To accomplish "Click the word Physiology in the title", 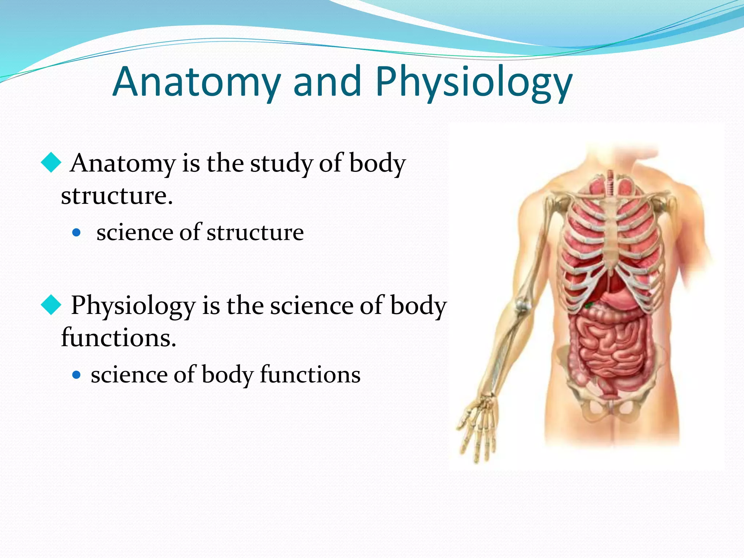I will [x=474, y=83].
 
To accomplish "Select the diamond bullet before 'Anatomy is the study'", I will [x=51, y=163].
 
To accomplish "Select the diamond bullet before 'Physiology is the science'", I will [x=51, y=305].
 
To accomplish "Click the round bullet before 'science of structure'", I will [x=76, y=232].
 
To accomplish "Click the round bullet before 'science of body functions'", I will [x=76, y=375].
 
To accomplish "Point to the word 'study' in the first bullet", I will [x=282, y=163].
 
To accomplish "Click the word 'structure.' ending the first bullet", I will [x=117, y=196].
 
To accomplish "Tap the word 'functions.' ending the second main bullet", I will [x=118, y=338].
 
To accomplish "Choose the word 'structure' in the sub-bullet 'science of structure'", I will [x=255, y=232].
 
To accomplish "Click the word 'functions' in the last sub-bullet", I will [x=310, y=375].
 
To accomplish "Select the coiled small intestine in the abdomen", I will [x=610, y=349].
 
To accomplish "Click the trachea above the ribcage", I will [x=610, y=183].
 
